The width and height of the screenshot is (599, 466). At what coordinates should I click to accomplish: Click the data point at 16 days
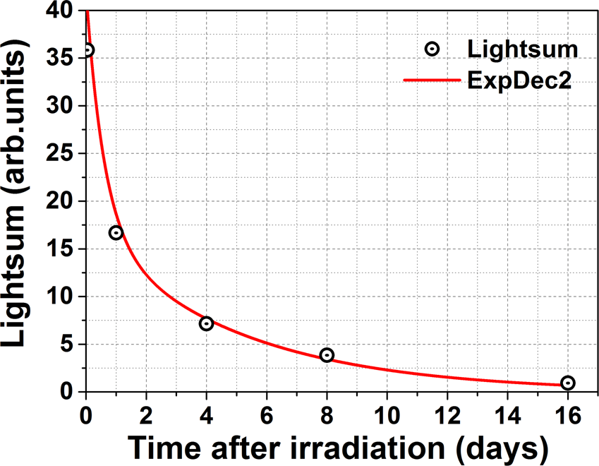568,383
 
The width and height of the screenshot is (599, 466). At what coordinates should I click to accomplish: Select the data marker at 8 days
327,354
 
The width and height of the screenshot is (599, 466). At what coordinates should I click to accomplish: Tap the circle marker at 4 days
206,323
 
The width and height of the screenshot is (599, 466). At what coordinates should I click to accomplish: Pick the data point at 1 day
116,232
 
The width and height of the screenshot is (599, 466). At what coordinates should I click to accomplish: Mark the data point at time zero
87,50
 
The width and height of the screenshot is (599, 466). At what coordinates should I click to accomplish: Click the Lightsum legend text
522,49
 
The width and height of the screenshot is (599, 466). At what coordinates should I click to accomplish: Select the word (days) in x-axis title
498,448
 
